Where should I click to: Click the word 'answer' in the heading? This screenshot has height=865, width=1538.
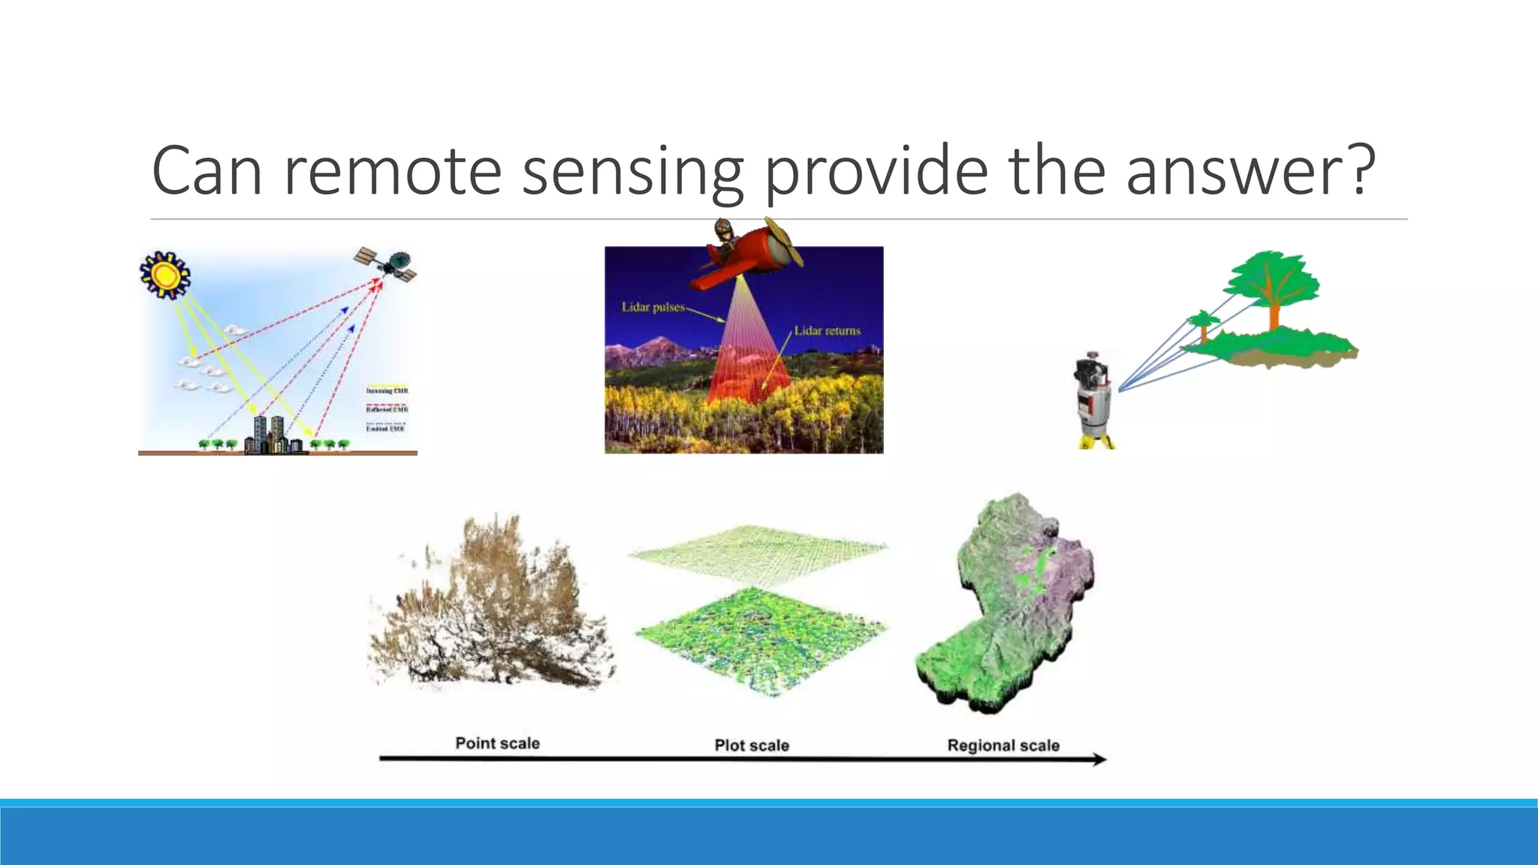1236,171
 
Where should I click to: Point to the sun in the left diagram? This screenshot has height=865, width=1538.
165,275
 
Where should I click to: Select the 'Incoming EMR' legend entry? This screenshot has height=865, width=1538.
387,390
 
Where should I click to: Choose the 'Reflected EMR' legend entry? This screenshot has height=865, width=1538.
387,409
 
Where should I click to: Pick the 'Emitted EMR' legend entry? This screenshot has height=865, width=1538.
385,428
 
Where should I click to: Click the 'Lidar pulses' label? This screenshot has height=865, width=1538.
653,307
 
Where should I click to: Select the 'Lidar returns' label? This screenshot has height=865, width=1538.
827,330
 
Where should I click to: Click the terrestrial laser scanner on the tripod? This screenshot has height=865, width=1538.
1094,398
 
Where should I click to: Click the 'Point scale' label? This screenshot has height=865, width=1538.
497,743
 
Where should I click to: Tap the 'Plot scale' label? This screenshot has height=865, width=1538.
751,746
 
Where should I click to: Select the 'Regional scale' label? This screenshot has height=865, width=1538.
1003,746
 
